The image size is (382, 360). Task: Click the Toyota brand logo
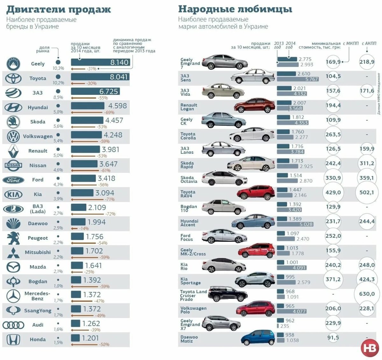[13, 78]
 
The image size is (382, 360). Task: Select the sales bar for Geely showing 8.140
[100, 62]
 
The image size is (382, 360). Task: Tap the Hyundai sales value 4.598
[117, 106]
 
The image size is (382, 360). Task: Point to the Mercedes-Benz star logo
[13, 296]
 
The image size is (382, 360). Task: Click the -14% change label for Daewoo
[84, 229]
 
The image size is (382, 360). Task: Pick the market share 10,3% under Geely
[58, 68]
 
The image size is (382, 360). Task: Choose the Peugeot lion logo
[13, 238]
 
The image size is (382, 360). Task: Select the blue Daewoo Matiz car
[258, 338]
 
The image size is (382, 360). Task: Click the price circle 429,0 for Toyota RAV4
[333, 193]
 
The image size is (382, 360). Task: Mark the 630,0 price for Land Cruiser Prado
[367, 294]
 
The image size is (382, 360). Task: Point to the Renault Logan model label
[189, 107]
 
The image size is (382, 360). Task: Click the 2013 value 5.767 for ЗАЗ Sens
[312, 79]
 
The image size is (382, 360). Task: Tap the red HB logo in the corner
[370, 348]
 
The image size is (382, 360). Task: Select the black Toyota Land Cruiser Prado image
[228, 294]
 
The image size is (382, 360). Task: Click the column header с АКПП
[369, 43]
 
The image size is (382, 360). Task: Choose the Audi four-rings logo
[13, 325]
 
